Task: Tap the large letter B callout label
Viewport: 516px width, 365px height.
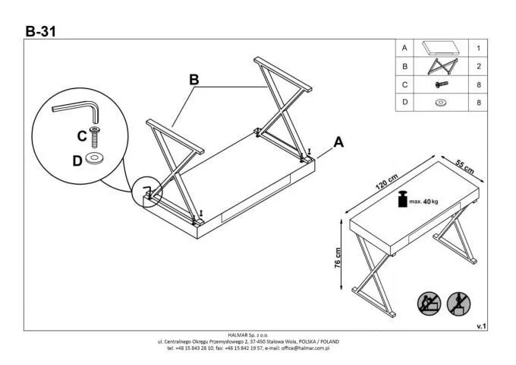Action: [194, 80]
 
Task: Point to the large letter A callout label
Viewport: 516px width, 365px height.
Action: [339, 141]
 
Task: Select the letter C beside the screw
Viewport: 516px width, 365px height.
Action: [82, 136]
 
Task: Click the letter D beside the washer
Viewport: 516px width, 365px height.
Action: [77, 160]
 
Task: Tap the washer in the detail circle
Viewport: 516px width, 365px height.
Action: [96, 159]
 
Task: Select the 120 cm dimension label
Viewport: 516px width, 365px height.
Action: [386, 182]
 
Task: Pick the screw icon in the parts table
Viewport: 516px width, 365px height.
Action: [441, 84]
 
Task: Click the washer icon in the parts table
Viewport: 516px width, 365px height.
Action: [441, 103]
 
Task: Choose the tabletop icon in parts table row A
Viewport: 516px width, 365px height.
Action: [441, 48]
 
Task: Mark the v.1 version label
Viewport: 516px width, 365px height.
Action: [480, 325]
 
